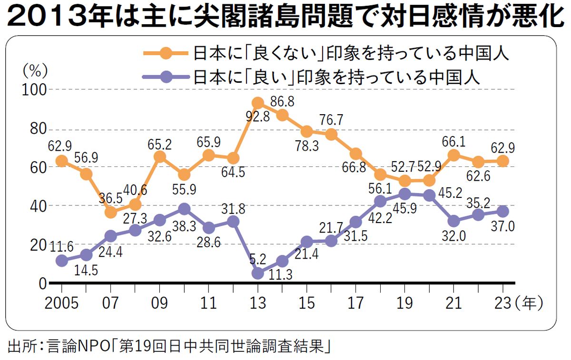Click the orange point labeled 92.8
tap(258, 103)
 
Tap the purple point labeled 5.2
tap(258, 273)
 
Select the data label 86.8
tap(284, 101)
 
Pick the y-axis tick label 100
tap(31, 89)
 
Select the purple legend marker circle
tap(167, 76)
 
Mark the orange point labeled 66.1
tap(454, 155)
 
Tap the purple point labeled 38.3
tap(185, 209)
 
